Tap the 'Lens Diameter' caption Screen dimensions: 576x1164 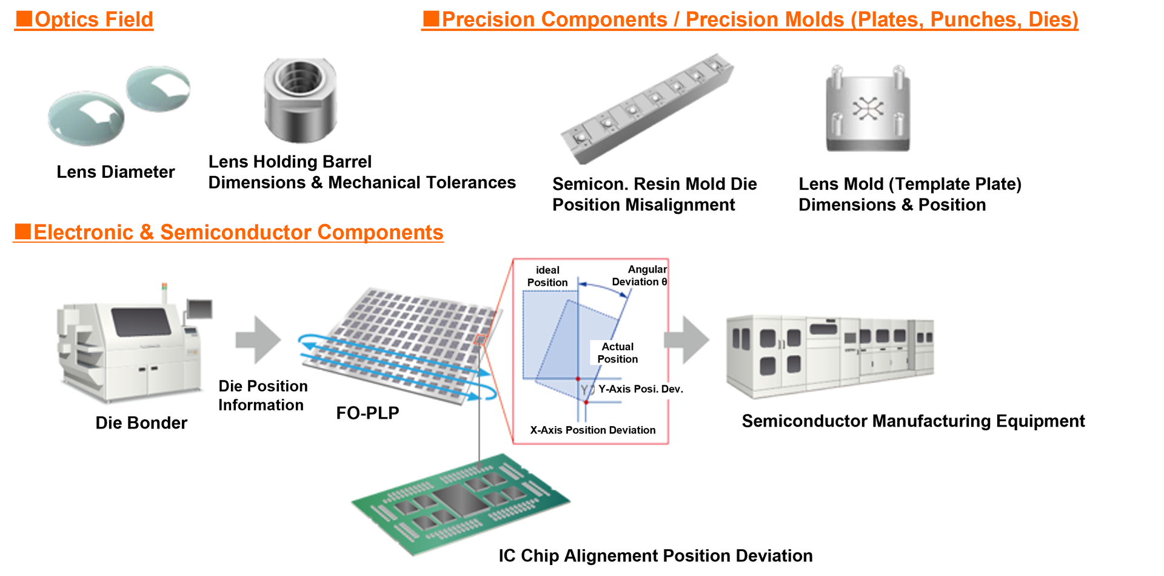coord(115,172)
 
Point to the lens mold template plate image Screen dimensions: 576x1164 coord(868,109)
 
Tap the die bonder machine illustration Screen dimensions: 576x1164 coord(130,346)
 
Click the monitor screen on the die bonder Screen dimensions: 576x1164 coord(200,308)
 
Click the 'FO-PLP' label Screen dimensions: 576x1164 coord(367,413)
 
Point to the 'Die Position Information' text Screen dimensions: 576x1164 coord(263,396)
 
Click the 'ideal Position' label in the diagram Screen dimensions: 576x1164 coord(547,276)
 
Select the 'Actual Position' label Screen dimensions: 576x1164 coord(617,353)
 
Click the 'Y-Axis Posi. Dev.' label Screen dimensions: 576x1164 coord(640,389)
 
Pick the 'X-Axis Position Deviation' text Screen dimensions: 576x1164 coord(592,430)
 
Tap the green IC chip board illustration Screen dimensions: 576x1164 coord(461,504)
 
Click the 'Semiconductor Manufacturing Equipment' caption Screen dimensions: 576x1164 coord(913,421)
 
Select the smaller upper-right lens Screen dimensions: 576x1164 coord(158,89)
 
